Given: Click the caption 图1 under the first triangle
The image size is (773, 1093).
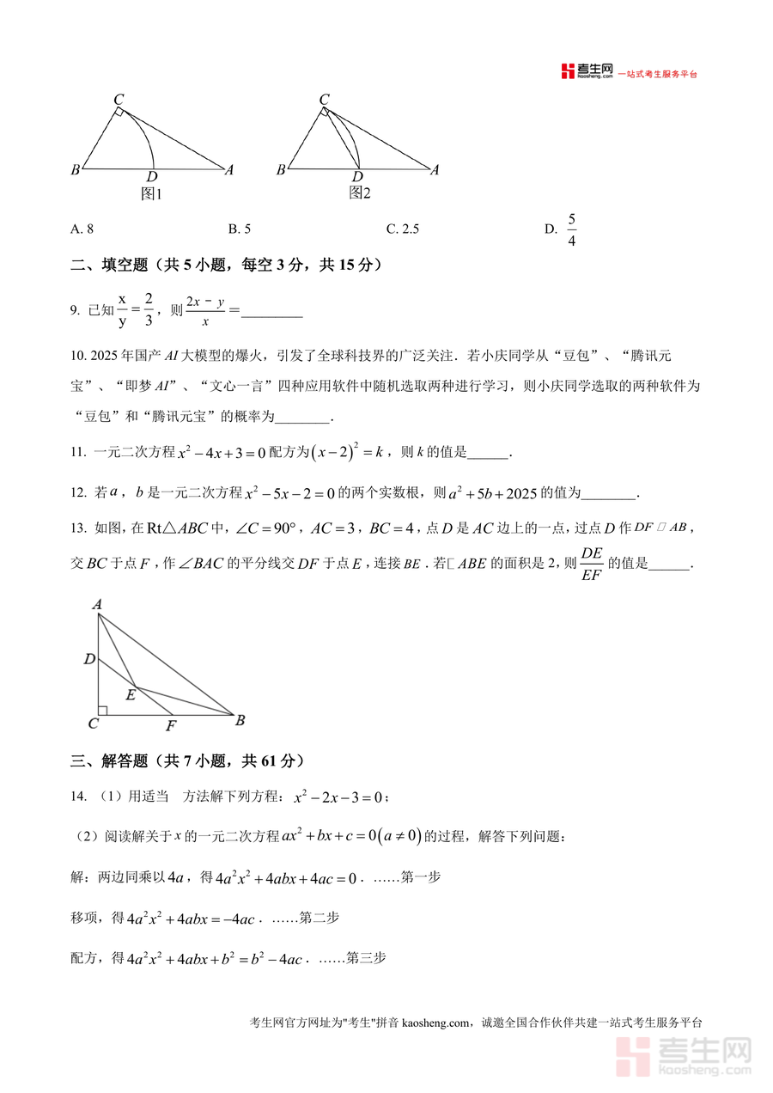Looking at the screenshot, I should pos(151,194).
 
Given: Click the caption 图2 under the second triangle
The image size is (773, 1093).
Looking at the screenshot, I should pos(359,193).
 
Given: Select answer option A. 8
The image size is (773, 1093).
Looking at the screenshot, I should pos(82,229).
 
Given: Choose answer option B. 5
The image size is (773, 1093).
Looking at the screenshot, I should pos(239,229).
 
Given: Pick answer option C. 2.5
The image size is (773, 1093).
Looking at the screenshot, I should pos(402,229).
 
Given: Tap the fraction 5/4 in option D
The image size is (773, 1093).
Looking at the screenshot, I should pos(572,229).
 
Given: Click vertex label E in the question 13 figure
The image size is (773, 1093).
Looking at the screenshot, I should pos(131,694).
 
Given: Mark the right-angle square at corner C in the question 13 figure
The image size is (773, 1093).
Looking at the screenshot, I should pos(102,710).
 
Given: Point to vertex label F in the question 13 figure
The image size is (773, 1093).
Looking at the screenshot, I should pos(171,726).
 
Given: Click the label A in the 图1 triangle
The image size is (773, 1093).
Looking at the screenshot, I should pos(229,170).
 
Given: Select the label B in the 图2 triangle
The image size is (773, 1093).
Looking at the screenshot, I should pos(281,170).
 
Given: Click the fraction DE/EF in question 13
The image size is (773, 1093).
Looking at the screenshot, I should pos(592,563).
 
